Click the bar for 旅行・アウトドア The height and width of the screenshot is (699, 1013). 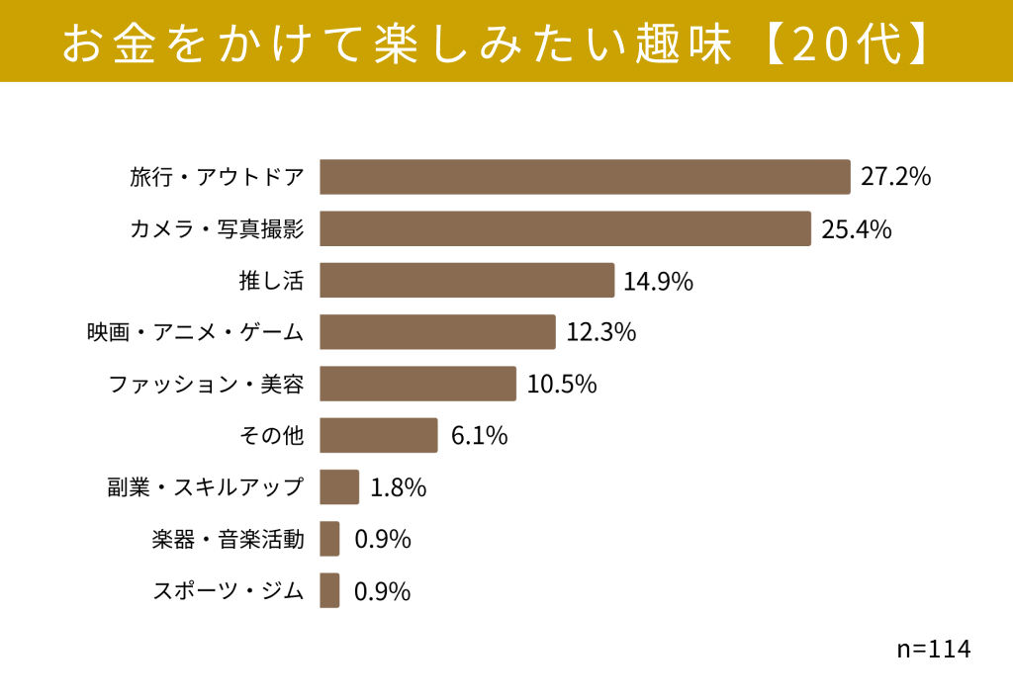pyautogui.click(x=585, y=177)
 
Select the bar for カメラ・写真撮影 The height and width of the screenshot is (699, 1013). pyautogui.click(x=565, y=228)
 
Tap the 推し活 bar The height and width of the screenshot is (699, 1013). pyautogui.click(x=467, y=280)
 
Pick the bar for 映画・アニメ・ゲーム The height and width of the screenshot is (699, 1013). pyautogui.click(x=437, y=332)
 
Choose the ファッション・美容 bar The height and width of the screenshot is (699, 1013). pyautogui.click(x=418, y=384)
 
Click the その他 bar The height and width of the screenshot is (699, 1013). pyautogui.click(x=379, y=435)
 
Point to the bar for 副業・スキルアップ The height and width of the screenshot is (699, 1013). pyautogui.click(x=339, y=486)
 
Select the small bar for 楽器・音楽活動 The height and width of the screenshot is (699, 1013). pyautogui.click(x=329, y=538)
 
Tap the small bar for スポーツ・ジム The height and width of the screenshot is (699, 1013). pyautogui.click(x=329, y=590)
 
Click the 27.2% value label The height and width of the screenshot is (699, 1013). pyautogui.click(x=895, y=176)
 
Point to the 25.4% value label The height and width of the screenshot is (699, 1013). pyautogui.click(x=856, y=229)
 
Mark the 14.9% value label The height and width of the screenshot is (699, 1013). pyautogui.click(x=658, y=282)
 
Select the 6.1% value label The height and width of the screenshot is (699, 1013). pyautogui.click(x=479, y=436)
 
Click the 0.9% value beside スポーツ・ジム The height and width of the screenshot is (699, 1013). pyautogui.click(x=383, y=591)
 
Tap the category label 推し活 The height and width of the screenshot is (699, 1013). pyautogui.click(x=271, y=281)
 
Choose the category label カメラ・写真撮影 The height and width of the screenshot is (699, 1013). pyautogui.click(x=217, y=228)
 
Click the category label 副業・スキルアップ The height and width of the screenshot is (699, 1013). pyautogui.click(x=206, y=487)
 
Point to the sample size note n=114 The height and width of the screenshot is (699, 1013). pyautogui.click(x=934, y=649)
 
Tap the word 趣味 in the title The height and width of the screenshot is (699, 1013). pyautogui.click(x=684, y=44)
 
